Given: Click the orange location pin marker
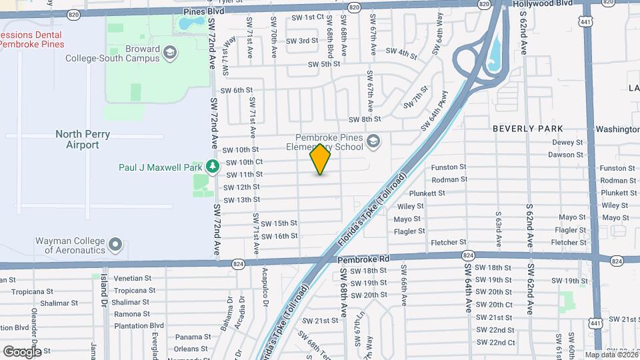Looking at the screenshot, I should pyautogui.click(x=320, y=159).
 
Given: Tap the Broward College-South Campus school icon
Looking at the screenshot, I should pyautogui.click(x=170, y=52).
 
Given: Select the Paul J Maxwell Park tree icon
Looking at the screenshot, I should pyautogui.click(x=213, y=165).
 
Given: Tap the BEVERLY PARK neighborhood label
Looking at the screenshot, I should pyautogui.click(x=527, y=129).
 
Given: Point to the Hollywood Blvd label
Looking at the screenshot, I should pyautogui.click(x=543, y=3).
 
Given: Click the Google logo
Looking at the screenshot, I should pyautogui.click(x=21, y=351).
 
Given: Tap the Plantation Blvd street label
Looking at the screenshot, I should pyautogui.click(x=139, y=325).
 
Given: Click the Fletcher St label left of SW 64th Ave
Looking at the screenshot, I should pyautogui.click(x=448, y=243).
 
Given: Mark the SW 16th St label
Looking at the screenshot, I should pyautogui.click(x=279, y=236).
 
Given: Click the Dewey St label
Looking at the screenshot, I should pyautogui.click(x=567, y=142).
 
